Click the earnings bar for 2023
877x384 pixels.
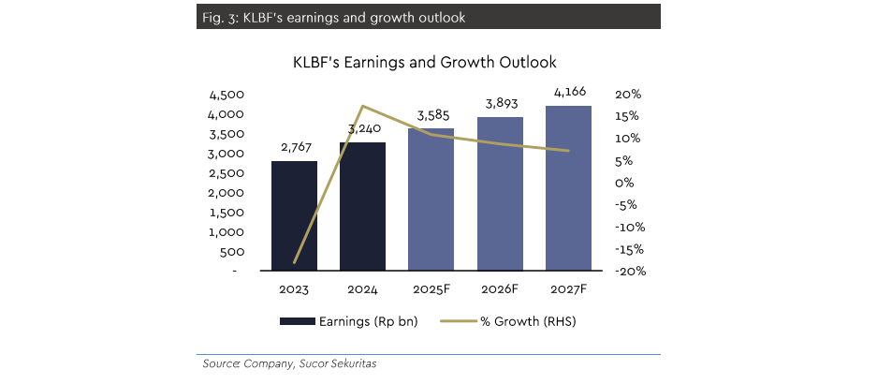[x=294, y=216]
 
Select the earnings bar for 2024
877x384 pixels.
[x=362, y=206]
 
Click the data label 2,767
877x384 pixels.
[x=294, y=148]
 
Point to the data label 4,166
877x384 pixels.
[x=568, y=92]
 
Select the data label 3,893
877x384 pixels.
[x=500, y=103]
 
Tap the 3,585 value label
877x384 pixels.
[x=431, y=115]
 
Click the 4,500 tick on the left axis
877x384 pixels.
[x=227, y=95]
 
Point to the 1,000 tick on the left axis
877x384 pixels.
[x=227, y=231]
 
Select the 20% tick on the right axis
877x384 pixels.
[x=628, y=95]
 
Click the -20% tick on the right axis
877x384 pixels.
[x=626, y=272]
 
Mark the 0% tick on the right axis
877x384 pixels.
[x=624, y=183]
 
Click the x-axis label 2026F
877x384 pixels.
[x=500, y=290]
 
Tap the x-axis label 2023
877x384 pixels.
[x=294, y=290]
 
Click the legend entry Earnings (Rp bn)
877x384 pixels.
[x=348, y=321]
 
